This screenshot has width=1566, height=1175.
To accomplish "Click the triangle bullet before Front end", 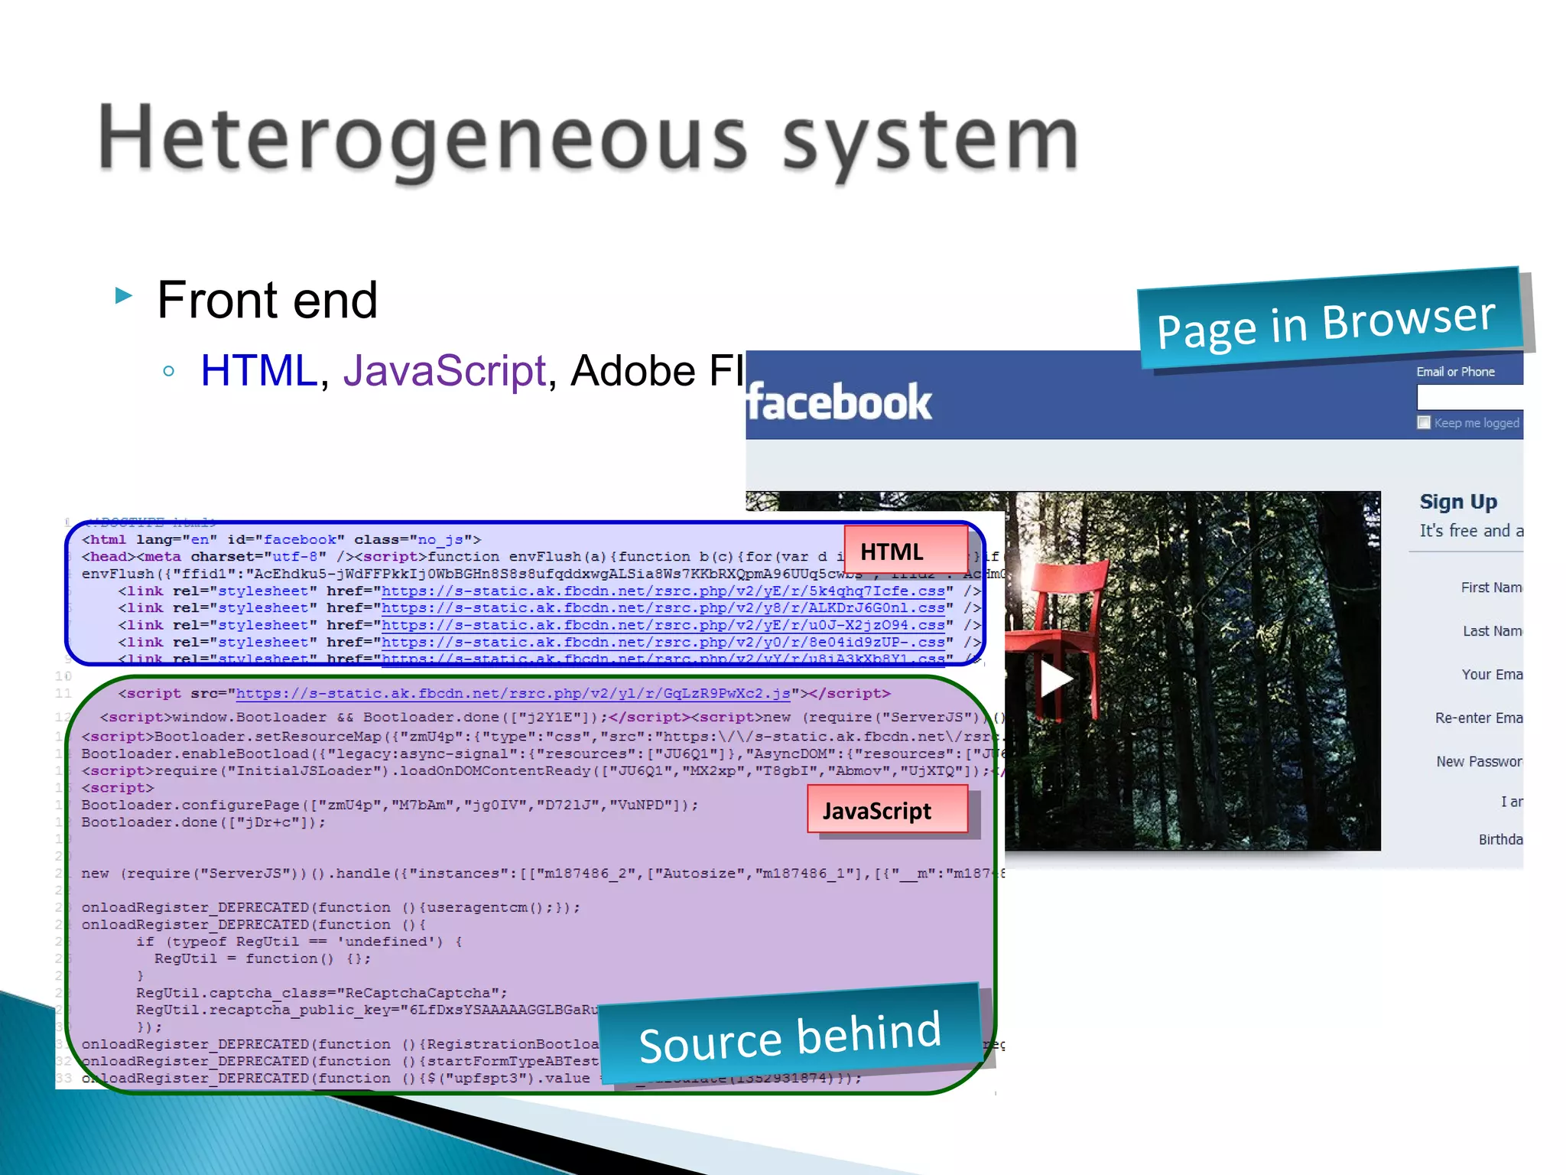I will pos(123,295).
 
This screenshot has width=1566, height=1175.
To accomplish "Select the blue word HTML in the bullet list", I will pos(258,371).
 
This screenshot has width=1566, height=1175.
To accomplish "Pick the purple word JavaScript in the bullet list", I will pos(444,371).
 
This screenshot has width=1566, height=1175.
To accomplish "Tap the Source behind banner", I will pos(789,1037).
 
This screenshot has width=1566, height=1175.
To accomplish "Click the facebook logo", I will pos(840,402).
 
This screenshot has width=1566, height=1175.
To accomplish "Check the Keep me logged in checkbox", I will pos(1424,422).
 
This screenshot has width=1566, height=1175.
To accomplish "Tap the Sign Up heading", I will pos(1458,502).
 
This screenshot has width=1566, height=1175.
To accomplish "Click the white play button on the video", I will pos(1056,678).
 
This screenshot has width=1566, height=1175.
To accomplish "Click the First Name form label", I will pos(1491,587).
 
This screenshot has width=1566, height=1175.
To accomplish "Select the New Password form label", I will pos(1479,761).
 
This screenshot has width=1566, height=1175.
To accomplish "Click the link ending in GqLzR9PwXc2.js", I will pos(512,694).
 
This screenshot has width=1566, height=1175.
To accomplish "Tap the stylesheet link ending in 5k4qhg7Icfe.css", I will pos(663,591).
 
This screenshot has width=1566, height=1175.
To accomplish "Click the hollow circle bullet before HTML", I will pos(169,372).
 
